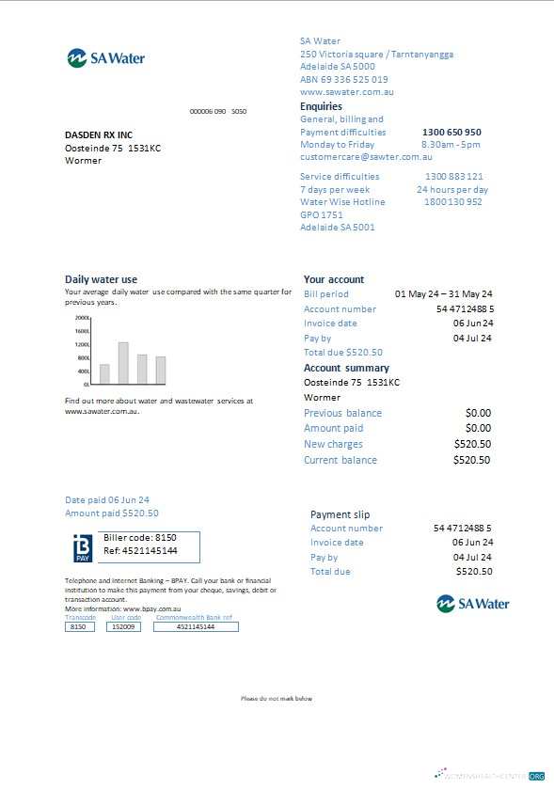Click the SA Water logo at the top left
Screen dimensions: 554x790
click(x=105, y=58)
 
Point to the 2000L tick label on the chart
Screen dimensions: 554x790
click(x=82, y=318)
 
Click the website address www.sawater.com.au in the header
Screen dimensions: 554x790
click(x=346, y=92)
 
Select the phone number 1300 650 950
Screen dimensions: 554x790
click(x=451, y=133)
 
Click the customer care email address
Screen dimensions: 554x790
click(x=366, y=157)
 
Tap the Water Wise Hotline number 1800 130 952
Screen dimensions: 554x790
click(x=453, y=201)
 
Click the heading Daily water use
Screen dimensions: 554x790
click(x=101, y=279)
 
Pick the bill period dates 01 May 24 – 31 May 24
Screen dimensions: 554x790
click(x=443, y=294)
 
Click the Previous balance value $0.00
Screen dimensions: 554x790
click(x=478, y=413)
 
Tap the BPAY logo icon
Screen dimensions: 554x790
click(x=82, y=548)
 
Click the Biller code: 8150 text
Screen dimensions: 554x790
click(x=140, y=537)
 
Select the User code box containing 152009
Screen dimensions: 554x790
click(x=125, y=626)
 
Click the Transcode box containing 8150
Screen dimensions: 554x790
click(x=79, y=626)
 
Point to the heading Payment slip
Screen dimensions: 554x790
click(x=340, y=514)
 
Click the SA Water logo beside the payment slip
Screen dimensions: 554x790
click(x=474, y=603)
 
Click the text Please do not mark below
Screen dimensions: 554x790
click(x=277, y=699)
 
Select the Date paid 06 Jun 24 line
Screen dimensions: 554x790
click(x=107, y=500)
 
